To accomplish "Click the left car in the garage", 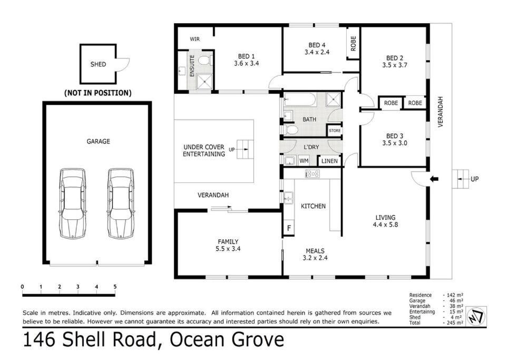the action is pos(73,203).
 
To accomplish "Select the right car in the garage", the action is pos(121,203).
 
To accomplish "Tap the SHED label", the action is pos(99,64).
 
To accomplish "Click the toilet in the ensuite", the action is pos(204,61).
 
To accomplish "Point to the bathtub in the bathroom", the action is pos(300,100).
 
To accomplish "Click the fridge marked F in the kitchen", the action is pos(289,228).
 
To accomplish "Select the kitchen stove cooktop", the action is pos(312,173).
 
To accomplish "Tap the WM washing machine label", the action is pos(304,161).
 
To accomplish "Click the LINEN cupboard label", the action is pos(329,161).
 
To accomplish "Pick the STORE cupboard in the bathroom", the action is pos(335,131).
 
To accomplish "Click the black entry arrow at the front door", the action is pos(434,179).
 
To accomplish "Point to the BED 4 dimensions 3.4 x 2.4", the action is pos(317,52).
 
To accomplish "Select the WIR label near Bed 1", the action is pos(195,39).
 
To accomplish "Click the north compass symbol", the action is pos(476,316).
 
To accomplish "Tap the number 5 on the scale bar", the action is pos(115,287).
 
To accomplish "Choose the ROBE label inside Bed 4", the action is pos(354,43).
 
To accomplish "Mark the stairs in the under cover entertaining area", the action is pos(245,149).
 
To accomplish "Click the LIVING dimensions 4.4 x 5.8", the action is pos(385,225).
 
